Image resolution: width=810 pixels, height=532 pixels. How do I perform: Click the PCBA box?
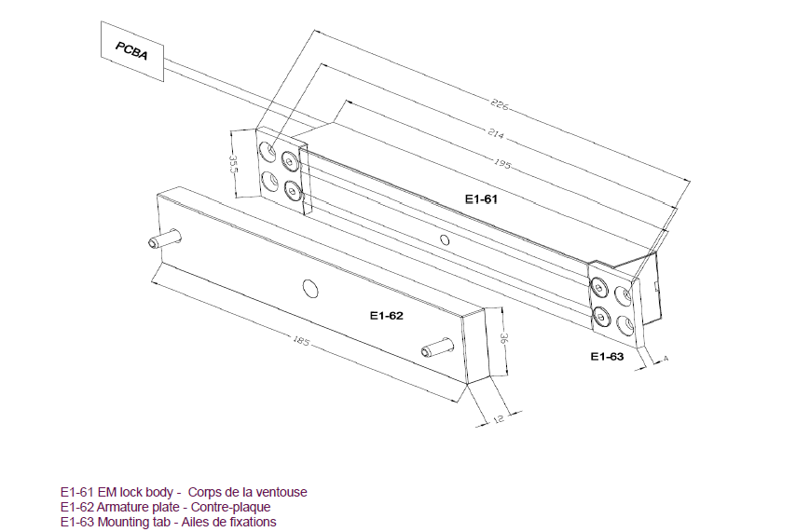click(132, 51)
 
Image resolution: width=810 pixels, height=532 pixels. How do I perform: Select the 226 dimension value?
click(500, 103)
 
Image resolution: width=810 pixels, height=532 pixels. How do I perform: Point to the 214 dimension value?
click(495, 133)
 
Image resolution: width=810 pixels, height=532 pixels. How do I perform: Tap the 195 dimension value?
click(501, 163)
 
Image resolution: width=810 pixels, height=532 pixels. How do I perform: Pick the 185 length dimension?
click(301, 340)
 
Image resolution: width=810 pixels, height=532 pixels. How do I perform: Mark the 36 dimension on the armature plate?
click(503, 338)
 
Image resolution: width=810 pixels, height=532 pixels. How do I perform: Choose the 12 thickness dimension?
click(498, 419)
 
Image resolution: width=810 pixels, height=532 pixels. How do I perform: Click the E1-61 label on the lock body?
click(481, 198)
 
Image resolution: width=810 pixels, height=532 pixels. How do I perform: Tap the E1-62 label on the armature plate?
click(387, 316)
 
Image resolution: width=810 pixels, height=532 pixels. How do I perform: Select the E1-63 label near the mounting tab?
click(607, 357)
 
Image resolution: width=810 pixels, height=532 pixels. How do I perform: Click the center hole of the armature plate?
click(310, 289)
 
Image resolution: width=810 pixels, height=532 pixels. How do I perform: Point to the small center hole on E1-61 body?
click(445, 239)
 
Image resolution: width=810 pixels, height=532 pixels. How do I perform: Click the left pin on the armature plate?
click(164, 239)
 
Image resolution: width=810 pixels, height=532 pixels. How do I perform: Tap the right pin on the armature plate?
click(437, 348)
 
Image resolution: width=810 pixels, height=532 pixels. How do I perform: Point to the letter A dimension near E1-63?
click(666, 358)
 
